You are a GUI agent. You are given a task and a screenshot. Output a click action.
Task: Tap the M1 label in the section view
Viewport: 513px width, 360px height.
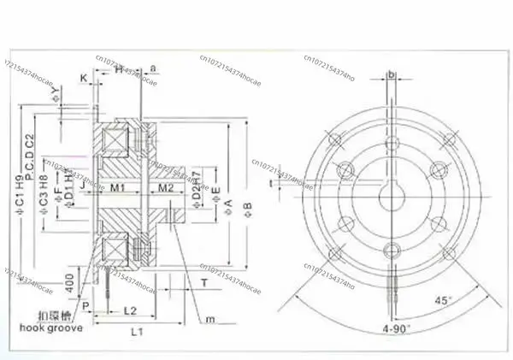[x=118, y=187]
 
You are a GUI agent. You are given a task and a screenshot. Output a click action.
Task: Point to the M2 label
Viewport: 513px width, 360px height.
[x=165, y=187]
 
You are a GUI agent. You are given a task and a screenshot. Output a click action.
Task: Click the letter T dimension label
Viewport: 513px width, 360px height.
[x=203, y=282]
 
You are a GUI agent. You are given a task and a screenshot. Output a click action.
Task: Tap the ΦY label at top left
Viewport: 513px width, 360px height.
[x=56, y=91]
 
